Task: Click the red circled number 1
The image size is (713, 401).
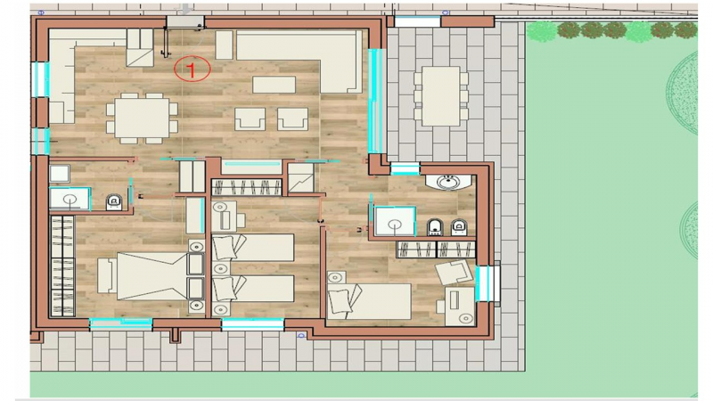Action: tap(192, 70)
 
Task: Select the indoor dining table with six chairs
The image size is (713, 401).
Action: tap(142, 119)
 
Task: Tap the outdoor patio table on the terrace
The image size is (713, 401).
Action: tap(440, 96)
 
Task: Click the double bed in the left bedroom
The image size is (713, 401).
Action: tap(152, 276)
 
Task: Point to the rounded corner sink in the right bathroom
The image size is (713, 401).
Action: tap(448, 182)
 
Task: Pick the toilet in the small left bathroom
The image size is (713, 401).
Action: tap(114, 202)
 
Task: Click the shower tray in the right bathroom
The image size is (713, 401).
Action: tap(395, 221)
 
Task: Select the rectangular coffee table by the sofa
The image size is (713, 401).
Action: tap(275, 85)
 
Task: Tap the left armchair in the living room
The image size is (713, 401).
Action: tap(250, 119)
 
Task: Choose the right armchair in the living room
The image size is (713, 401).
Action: tap(293, 119)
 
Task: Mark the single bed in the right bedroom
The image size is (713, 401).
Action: tap(369, 300)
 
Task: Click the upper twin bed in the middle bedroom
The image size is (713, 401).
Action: tap(253, 248)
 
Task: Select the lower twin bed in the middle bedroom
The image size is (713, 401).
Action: tap(253, 288)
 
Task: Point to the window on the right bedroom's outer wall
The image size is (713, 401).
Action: tap(488, 283)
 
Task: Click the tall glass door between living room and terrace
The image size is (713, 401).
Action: tap(375, 101)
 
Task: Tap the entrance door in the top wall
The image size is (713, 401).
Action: tap(185, 21)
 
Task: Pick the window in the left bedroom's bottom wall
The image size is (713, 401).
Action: tap(120, 323)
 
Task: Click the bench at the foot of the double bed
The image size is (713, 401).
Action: tap(107, 275)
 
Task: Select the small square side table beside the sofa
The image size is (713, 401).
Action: tap(225, 45)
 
